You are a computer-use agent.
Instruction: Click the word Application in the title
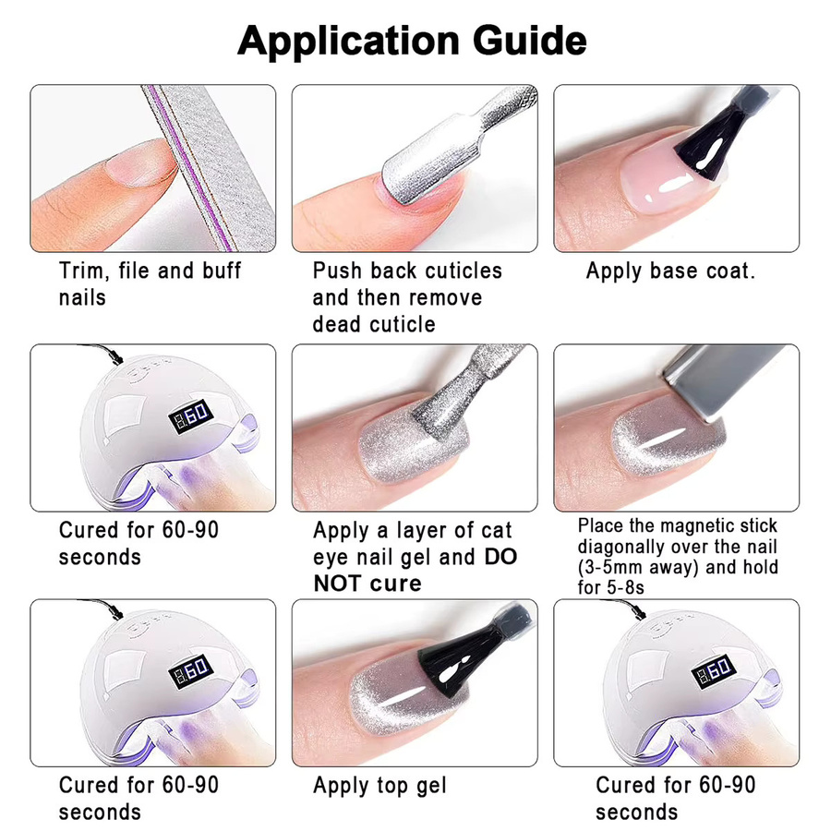click(348, 42)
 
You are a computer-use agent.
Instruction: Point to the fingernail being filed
click(141, 163)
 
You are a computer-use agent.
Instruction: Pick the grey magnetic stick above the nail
click(726, 379)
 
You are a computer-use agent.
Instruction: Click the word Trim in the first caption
click(84, 271)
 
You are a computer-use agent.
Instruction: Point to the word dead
click(336, 324)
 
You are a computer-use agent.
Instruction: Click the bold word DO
click(500, 557)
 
